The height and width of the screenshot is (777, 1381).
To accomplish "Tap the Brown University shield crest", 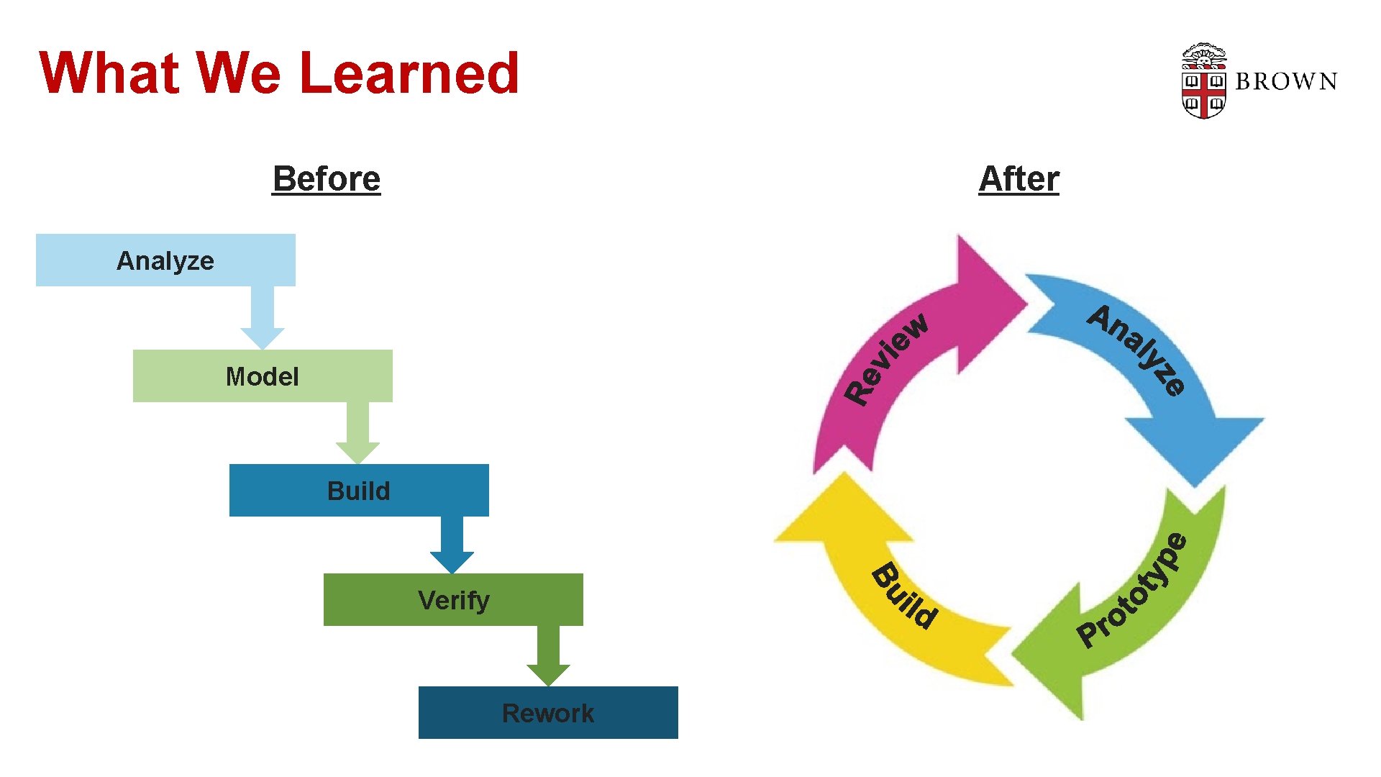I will click(1203, 81).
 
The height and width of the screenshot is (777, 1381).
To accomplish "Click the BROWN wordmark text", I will click(1286, 81).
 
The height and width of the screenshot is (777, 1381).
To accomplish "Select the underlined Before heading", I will click(326, 178).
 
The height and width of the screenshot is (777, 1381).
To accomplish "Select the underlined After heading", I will click(1018, 178).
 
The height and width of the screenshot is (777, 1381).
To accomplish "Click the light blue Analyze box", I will click(165, 260).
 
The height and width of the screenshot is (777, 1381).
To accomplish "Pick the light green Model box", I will click(263, 376).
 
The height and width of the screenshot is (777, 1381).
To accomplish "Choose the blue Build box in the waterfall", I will click(358, 490).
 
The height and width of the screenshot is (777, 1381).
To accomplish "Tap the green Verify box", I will click(453, 599).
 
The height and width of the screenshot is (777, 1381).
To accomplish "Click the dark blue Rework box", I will click(548, 712).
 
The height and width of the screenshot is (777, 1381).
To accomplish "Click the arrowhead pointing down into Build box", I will click(357, 453).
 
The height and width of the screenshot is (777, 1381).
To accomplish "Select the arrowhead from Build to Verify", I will click(452, 562).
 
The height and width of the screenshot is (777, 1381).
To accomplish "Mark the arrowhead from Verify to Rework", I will click(548, 675).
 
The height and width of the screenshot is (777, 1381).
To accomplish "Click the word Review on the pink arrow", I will click(887, 358).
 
